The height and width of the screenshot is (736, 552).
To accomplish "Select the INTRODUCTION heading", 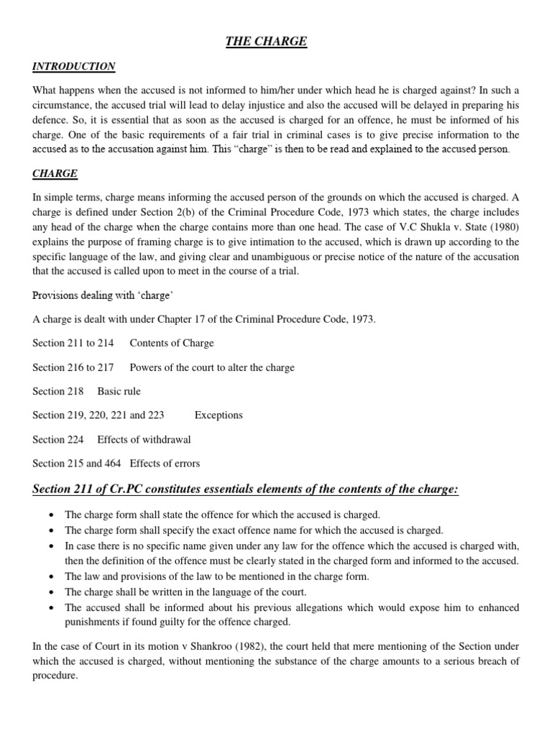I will [73, 67].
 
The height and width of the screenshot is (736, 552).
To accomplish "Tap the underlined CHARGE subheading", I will [55, 174].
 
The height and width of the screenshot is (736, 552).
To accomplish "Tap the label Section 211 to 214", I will [73, 343].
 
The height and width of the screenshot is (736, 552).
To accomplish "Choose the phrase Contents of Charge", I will [172, 343].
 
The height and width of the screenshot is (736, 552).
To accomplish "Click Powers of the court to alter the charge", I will [212, 367].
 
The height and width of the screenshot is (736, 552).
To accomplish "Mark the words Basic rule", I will [119, 392].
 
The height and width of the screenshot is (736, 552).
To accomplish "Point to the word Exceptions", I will [218, 415].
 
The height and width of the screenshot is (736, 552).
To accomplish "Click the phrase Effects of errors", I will [165, 464].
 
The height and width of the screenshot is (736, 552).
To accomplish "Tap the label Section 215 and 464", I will [77, 464].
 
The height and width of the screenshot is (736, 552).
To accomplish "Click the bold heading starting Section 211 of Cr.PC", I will [245, 489].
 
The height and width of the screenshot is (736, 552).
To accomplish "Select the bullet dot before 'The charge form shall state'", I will [51, 515].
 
